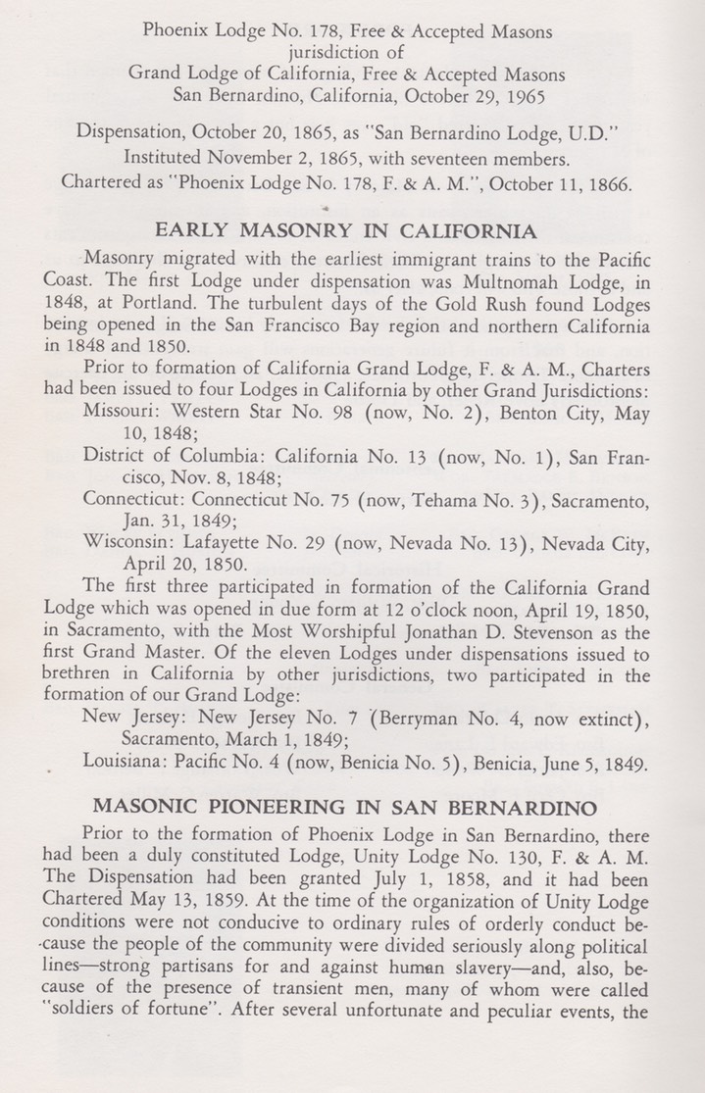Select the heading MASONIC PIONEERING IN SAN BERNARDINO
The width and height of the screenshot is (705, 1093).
click(x=346, y=808)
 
